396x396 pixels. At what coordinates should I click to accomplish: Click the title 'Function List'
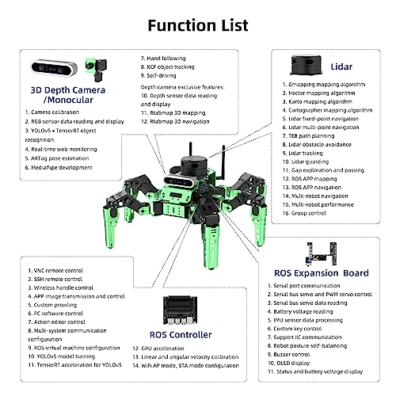198,25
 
